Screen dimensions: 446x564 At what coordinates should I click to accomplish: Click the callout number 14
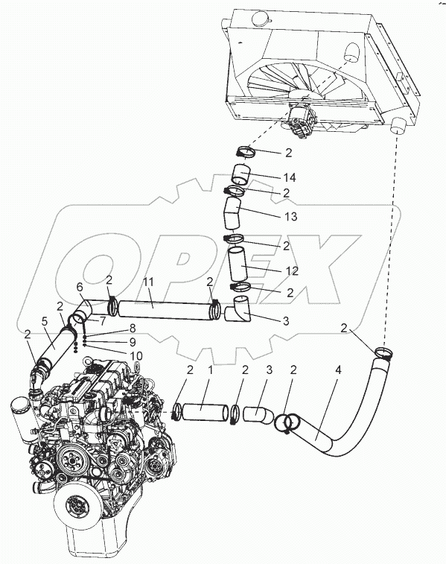coord(289,177)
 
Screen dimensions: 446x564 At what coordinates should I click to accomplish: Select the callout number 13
coord(290,217)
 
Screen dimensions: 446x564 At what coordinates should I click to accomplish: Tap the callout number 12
coord(292,270)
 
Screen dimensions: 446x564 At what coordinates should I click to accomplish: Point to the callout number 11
coord(150,282)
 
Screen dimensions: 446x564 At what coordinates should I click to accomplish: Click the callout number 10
coord(136,356)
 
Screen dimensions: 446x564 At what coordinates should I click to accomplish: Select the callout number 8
coord(132,328)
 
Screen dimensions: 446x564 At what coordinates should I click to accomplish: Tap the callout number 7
coord(103,320)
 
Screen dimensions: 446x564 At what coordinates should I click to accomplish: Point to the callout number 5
coord(45,321)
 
